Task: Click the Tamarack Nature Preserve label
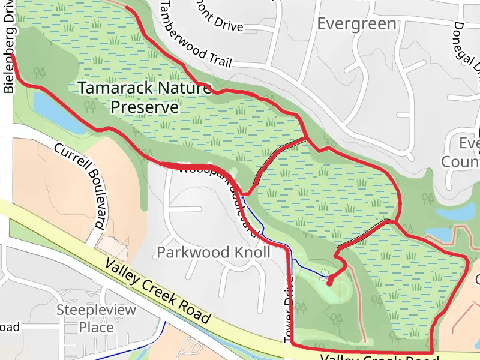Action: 144,98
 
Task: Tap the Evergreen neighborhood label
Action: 356,24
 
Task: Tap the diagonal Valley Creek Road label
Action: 158,292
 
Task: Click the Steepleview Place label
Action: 96,319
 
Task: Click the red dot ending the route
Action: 329,280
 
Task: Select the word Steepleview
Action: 96,310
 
